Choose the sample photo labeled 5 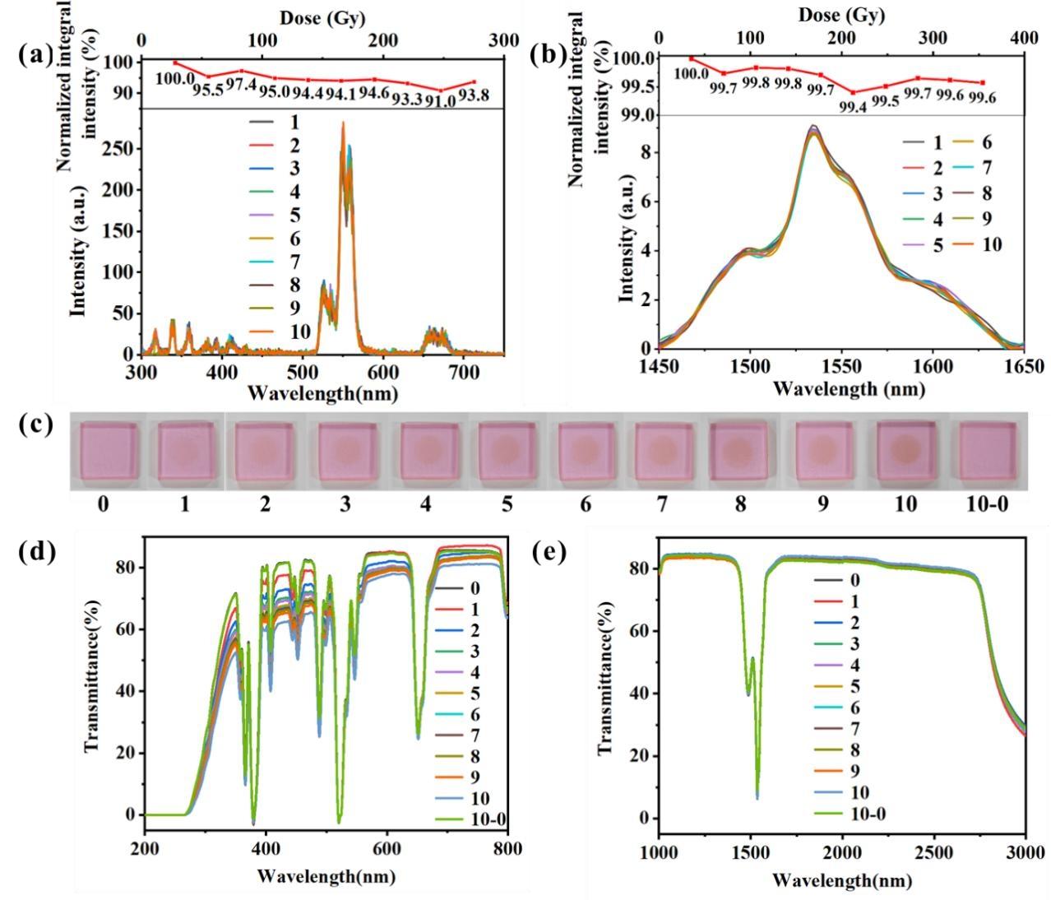(x=507, y=451)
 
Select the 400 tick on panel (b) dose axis (x=1024, y=38)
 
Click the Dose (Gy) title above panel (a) (x=322, y=17)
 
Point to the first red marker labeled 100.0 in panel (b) (x=692, y=58)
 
